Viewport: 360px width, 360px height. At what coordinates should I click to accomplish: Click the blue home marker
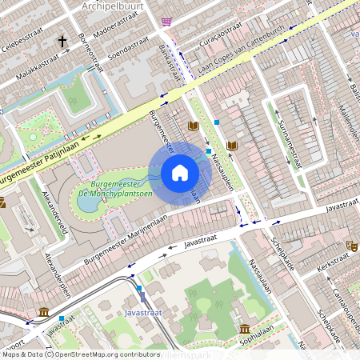(180, 173)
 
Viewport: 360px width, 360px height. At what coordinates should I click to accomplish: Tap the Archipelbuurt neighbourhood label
(111, 6)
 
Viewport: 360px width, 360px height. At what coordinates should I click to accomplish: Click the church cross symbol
(62, 40)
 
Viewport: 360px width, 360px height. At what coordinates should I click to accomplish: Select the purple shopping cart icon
(166, 22)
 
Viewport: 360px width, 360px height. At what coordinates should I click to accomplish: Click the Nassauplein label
(222, 170)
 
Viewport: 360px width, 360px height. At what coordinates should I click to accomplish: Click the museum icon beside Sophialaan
(244, 329)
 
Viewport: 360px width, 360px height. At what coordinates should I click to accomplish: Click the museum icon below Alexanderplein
(42, 311)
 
